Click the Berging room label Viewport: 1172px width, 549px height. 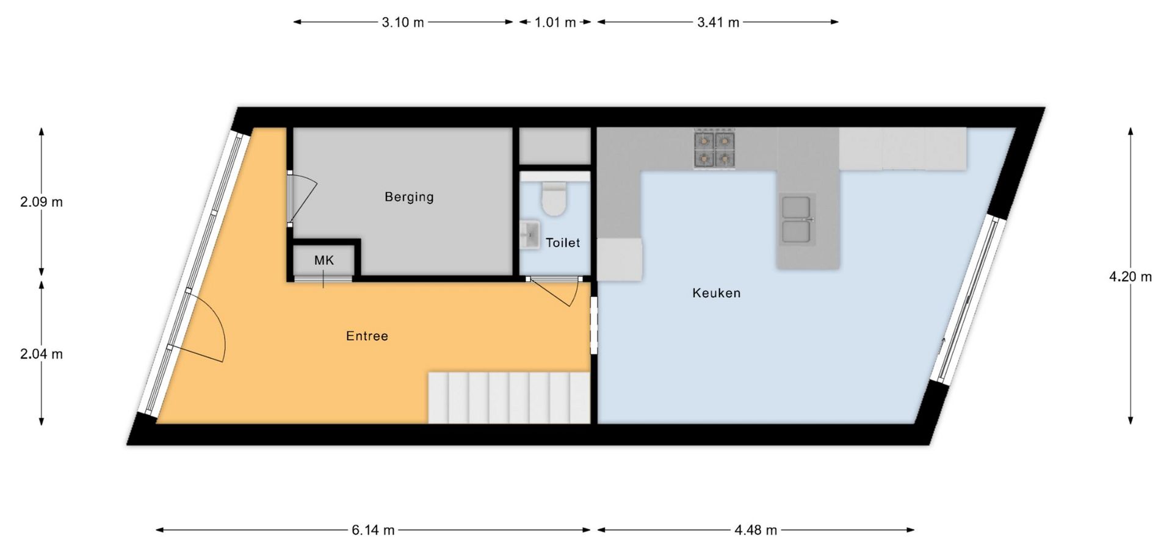point(409,197)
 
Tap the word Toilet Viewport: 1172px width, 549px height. point(563,243)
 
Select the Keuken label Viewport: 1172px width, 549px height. point(716,293)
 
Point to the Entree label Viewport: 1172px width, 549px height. point(367,336)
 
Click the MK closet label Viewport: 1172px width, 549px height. point(324,260)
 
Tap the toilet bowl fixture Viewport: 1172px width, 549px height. point(554,199)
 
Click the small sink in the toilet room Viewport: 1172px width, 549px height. point(529,235)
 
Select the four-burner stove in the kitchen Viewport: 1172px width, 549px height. point(714,149)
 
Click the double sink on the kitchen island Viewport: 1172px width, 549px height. point(797,220)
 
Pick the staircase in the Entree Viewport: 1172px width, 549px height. point(509,398)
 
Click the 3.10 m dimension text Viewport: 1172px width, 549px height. point(403,23)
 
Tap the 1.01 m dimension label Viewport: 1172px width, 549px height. point(555,23)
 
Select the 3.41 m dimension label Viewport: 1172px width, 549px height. point(718,23)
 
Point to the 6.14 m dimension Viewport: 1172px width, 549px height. point(373,530)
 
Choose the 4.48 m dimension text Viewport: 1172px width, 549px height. point(756,530)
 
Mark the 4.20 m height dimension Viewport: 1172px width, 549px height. point(1130,277)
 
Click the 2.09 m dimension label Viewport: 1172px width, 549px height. point(42,202)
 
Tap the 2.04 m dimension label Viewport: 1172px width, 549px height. point(42,354)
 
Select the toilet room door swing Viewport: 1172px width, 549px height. point(554,292)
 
